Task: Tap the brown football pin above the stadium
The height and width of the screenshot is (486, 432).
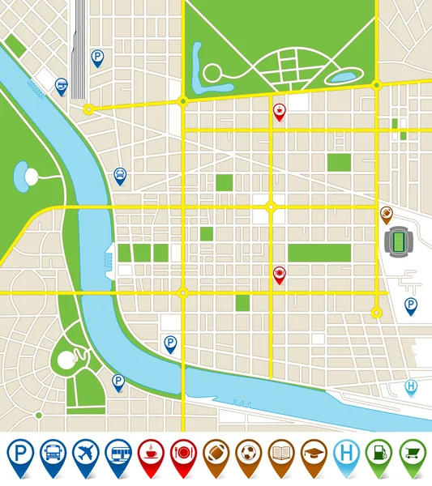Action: click(387, 215)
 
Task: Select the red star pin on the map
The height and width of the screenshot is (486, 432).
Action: click(280, 110)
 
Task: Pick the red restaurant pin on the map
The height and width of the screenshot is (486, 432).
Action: click(280, 275)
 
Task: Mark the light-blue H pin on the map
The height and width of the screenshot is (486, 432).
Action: click(412, 386)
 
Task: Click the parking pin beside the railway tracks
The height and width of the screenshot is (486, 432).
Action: click(98, 57)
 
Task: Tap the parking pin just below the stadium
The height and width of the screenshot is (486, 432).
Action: click(411, 305)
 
